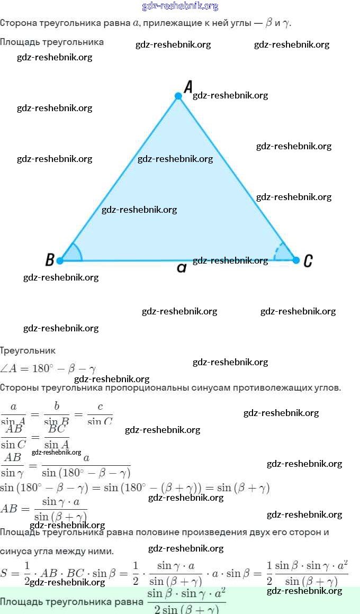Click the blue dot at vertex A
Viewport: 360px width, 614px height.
click(178, 96)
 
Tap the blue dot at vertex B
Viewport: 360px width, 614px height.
click(60, 260)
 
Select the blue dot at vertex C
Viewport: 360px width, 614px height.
click(296, 260)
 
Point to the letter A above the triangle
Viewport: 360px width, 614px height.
click(187, 87)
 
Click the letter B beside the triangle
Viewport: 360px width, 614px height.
click(50, 260)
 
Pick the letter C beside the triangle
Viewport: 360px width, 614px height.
click(308, 260)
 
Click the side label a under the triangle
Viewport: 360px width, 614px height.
click(182, 268)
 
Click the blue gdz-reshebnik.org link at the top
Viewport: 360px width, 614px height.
click(180, 6)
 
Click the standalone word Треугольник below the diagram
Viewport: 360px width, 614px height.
click(28, 350)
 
